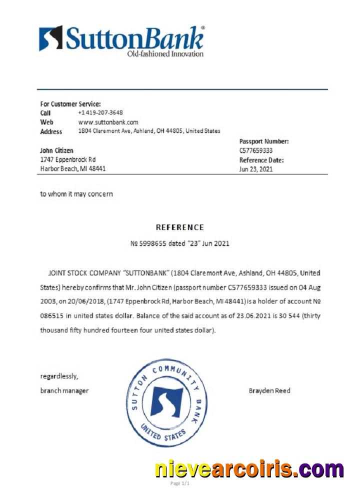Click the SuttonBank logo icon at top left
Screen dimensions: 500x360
[x=51, y=38]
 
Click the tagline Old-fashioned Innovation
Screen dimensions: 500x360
[x=165, y=53]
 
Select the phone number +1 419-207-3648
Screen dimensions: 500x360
[x=100, y=113]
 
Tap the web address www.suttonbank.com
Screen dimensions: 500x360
[x=108, y=122]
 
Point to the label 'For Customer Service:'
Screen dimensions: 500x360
[x=70, y=104]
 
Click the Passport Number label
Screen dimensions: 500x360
[x=264, y=141]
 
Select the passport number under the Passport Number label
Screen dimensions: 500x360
[x=256, y=150]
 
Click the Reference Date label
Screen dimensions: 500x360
[x=261, y=160]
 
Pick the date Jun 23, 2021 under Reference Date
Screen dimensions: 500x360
[x=256, y=169]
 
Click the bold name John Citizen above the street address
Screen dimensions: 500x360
[x=56, y=150]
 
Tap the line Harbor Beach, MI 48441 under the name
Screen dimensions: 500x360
[x=72, y=168]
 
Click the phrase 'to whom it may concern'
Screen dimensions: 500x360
[x=76, y=194]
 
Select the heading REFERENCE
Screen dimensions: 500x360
[x=180, y=227]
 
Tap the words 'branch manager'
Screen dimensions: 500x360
[x=64, y=390]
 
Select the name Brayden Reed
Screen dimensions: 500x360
[x=269, y=390]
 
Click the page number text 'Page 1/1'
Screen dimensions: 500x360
[x=180, y=484]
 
